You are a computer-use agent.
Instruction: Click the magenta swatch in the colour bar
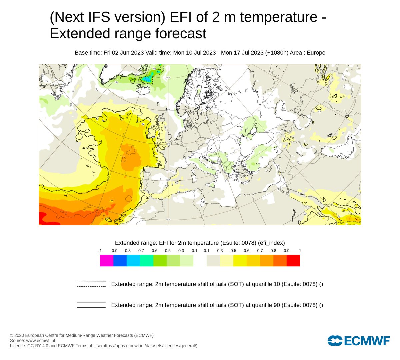tap(107, 261)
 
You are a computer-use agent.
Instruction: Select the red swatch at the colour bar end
tap(293, 261)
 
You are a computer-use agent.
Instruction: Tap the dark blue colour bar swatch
tap(120, 261)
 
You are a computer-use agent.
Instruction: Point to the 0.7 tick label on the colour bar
tap(260, 251)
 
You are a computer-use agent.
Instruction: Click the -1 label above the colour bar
tap(100, 251)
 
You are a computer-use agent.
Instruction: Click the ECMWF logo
tap(359, 341)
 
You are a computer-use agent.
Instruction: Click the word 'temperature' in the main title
tap(278, 17)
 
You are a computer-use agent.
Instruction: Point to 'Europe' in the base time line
tap(316, 53)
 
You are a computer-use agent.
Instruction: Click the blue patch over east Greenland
tap(147, 79)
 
